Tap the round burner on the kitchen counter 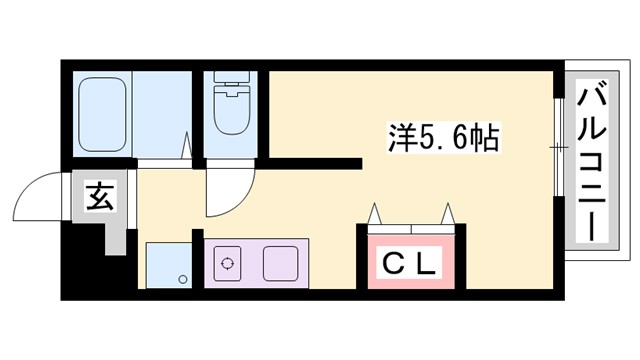click(229, 265)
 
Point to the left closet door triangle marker click(376, 214)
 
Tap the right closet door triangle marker click(447, 214)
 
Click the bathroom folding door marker click(186, 146)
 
